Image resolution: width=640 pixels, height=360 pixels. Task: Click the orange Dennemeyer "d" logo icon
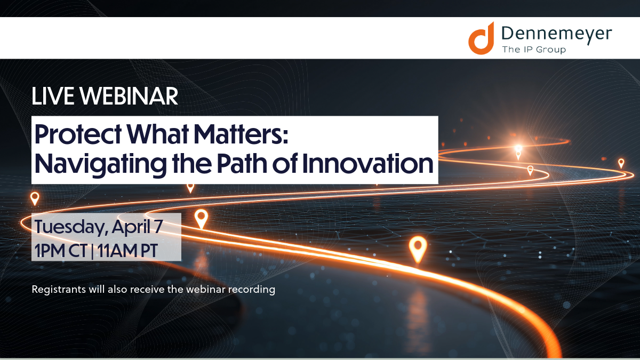tap(482, 38)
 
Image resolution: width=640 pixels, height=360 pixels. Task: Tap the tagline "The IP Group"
tap(533, 50)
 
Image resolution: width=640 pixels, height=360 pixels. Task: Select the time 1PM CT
tap(60, 250)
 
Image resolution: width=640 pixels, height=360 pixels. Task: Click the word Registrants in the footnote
tap(56, 290)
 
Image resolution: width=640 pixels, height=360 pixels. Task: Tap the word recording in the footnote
tap(253, 290)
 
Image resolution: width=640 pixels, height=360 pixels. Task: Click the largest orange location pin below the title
tap(418, 249)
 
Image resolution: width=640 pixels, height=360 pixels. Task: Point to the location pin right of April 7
tap(201, 218)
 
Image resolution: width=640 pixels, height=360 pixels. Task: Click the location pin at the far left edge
tap(35, 198)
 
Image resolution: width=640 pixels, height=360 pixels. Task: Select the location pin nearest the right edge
tap(621, 163)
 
